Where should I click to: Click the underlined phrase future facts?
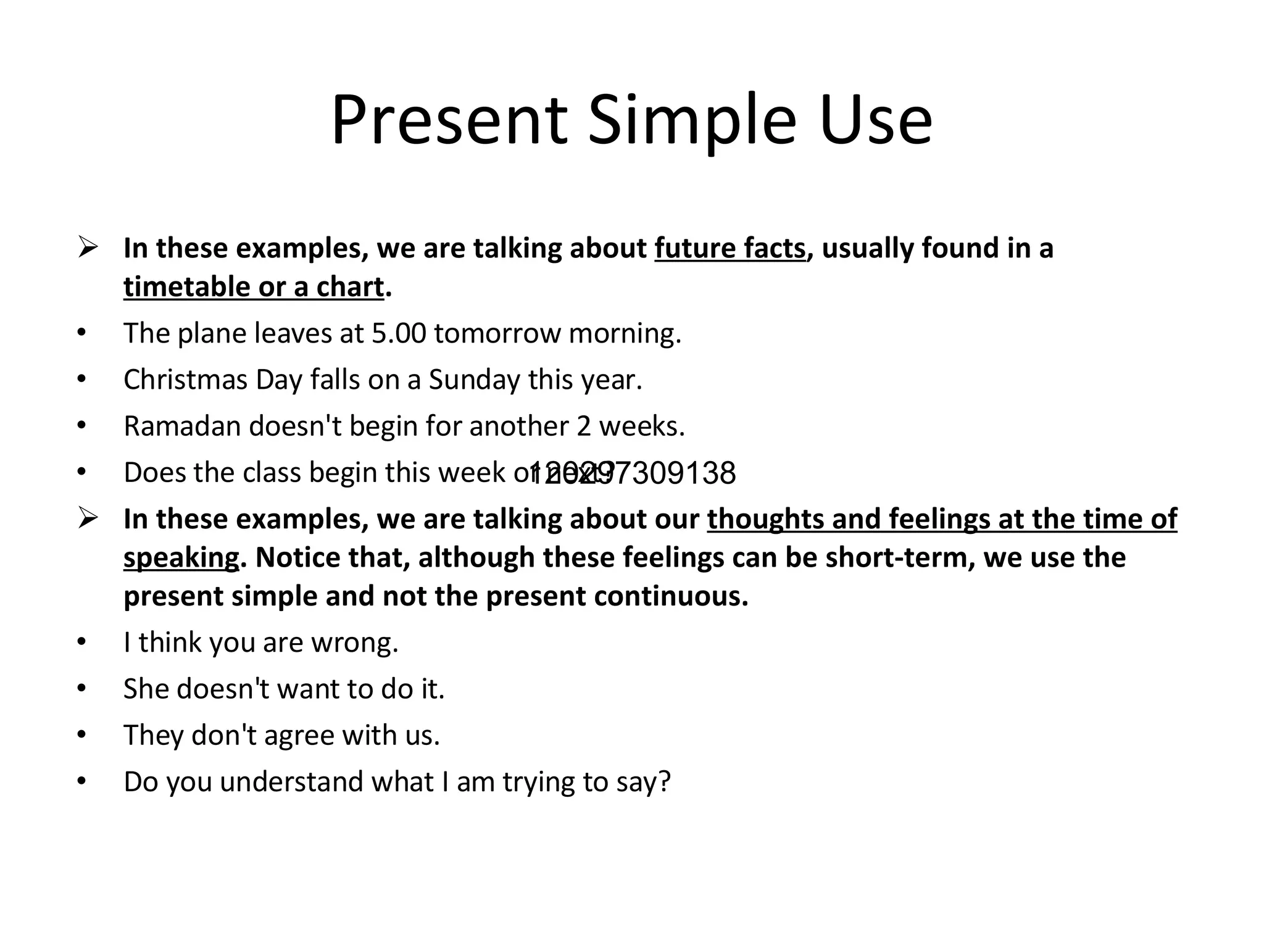730,248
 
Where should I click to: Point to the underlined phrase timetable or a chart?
254,287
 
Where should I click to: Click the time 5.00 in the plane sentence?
399,333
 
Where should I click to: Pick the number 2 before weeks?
584,426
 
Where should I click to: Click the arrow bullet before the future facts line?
88,249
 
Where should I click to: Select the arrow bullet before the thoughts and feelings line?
88,519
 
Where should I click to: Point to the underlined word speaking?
181,558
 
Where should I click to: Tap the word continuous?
671,596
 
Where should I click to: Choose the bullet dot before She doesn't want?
81,688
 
